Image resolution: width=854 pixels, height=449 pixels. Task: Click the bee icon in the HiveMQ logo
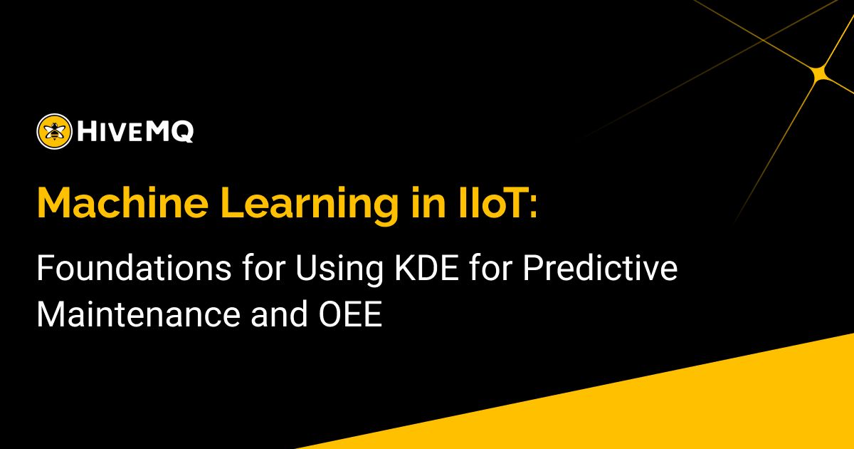click(x=54, y=131)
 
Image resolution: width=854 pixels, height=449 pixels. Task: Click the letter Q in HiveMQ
click(x=182, y=133)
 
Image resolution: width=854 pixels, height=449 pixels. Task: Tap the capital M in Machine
click(x=54, y=204)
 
